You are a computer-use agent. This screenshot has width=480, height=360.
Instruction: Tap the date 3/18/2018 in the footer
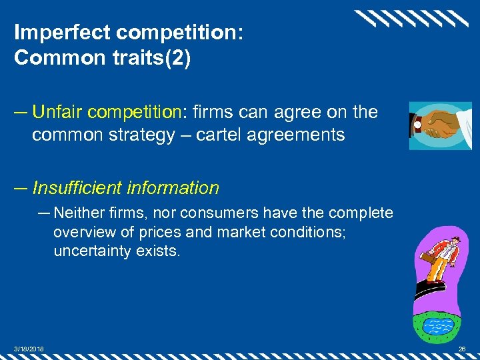coord(27,349)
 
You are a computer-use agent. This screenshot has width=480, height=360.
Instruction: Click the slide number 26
coord(461,349)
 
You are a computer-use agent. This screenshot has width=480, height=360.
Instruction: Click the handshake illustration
coord(440,125)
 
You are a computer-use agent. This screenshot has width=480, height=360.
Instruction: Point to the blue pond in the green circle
coord(437,327)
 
